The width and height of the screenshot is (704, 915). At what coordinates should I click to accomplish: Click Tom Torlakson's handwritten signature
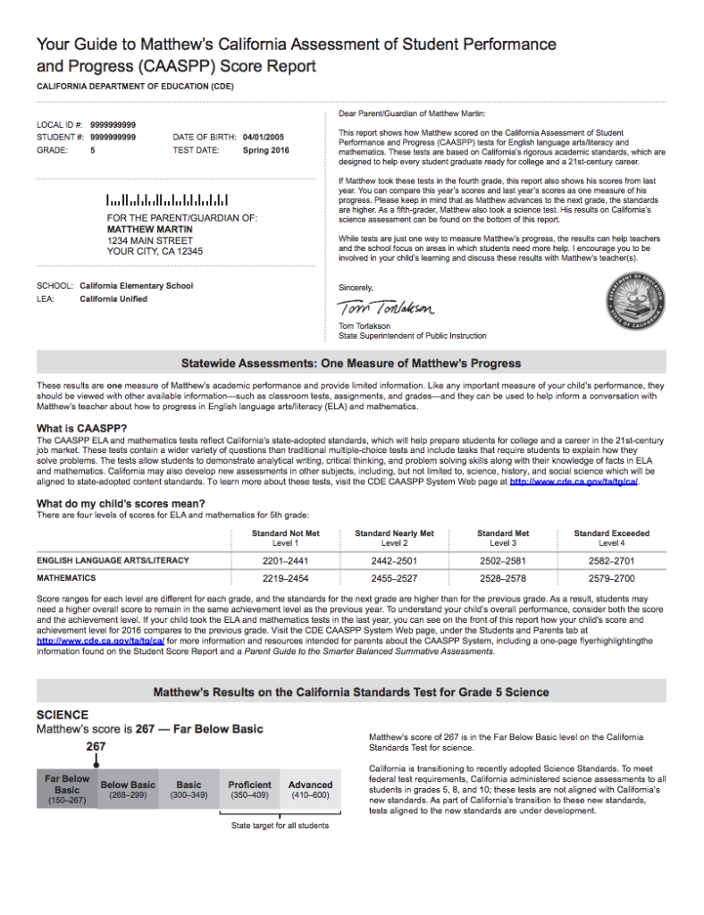386,308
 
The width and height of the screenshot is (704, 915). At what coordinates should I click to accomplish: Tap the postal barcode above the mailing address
167,200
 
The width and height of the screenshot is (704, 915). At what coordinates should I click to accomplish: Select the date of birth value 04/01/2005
265,138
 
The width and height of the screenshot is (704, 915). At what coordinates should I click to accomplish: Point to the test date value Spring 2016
266,151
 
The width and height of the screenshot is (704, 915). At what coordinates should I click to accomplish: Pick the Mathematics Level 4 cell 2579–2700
611,578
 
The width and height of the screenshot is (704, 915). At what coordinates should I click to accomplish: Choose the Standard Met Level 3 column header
503,538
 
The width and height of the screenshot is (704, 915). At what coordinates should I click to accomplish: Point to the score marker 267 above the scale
96,746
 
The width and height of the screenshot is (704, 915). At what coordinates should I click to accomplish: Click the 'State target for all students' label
280,825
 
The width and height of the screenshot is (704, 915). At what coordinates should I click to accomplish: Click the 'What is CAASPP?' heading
81,429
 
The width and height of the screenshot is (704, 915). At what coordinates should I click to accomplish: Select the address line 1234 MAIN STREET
150,240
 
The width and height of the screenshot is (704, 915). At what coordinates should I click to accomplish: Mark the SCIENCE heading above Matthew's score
62,715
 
